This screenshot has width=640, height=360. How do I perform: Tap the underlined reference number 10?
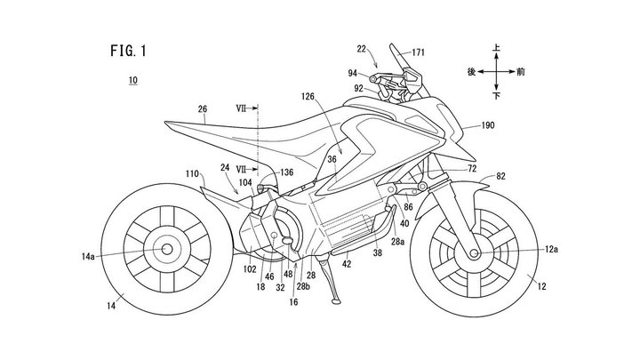132,81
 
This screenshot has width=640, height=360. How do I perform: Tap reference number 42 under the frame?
347,264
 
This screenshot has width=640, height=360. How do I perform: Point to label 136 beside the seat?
285,172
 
